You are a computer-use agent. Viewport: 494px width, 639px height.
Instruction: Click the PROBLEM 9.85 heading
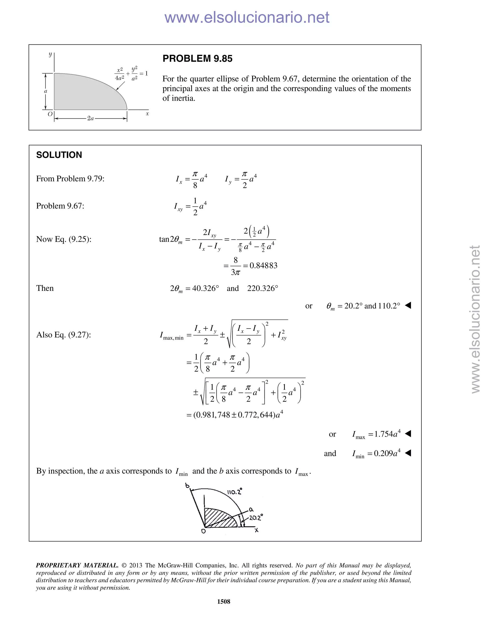tap(197, 59)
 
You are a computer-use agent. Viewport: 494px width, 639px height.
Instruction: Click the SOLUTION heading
tap(59, 155)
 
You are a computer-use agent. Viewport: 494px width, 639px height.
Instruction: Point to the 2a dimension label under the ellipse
tap(90, 118)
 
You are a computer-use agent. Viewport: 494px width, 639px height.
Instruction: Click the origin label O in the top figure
tap(50, 114)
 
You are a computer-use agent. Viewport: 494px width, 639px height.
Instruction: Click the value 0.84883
tap(263, 266)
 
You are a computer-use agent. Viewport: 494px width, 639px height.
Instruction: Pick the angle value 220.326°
tap(262, 288)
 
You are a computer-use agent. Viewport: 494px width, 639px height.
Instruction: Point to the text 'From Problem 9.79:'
tap(70, 179)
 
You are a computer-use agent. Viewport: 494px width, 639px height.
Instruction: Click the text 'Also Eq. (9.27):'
tap(63, 335)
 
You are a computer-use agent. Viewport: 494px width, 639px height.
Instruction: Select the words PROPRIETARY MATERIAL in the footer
tap(77, 565)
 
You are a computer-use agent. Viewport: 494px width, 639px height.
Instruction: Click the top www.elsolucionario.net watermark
tap(247, 17)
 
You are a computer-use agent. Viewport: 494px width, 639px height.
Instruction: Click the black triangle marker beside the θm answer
tap(408, 306)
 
